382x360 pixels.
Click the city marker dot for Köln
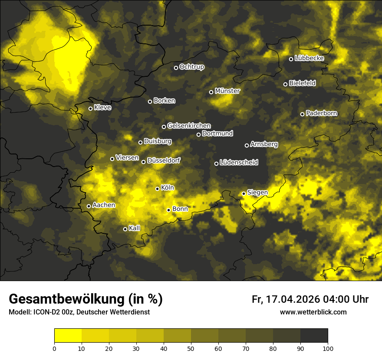[x=157, y=189]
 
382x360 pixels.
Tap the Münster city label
[x=227, y=91]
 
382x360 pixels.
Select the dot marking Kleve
[x=90, y=108]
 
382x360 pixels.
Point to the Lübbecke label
[x=309, y=58]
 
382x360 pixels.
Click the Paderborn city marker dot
[x=302, y=114]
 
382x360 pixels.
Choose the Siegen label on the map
[x=257, y=193]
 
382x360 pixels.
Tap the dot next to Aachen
[x=89, y=206]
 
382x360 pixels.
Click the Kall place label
[x=134, y=228]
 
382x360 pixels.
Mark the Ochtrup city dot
[x=176, y=68]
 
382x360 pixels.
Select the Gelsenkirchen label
[x=189, y=126]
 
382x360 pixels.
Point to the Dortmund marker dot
[x=198, y=134]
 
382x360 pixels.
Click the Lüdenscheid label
[x=239, y=163]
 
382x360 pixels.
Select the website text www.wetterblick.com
[x=313, y=312]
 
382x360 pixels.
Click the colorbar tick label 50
[x=191, y=348]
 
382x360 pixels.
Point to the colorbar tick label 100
[x=328, y=348]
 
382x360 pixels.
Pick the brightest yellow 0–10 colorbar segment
[x=68, y=336]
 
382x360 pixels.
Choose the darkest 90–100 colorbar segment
[x=314, y=336]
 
